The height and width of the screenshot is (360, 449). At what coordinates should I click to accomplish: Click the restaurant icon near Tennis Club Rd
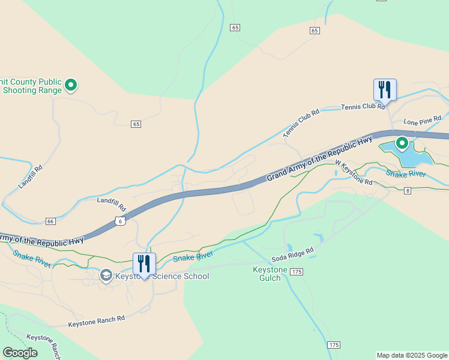[x=385, y=89]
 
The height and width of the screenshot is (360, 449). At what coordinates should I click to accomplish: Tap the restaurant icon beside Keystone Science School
[x=144, y=263]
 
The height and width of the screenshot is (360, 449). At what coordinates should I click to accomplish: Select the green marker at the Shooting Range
[x=71, y=85]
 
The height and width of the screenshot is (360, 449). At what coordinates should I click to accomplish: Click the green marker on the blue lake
[x=402, y=143]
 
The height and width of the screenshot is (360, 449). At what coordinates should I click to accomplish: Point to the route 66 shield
[x=50, y=221]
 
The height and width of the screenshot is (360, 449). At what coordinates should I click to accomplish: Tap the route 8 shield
[x=408, y=191]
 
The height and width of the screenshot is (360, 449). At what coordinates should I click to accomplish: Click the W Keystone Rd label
[x=354, y=172]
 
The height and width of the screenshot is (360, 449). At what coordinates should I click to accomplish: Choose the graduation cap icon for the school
[x=106, y=275]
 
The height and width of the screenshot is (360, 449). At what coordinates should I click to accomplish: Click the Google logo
[x=20, y=353]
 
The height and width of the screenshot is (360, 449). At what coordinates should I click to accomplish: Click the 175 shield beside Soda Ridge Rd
[x=296, y=272]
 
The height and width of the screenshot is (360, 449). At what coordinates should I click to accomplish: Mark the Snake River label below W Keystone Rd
[x=405, y=173]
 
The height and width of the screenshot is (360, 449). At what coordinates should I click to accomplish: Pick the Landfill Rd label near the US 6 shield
[x=112, y=204]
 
